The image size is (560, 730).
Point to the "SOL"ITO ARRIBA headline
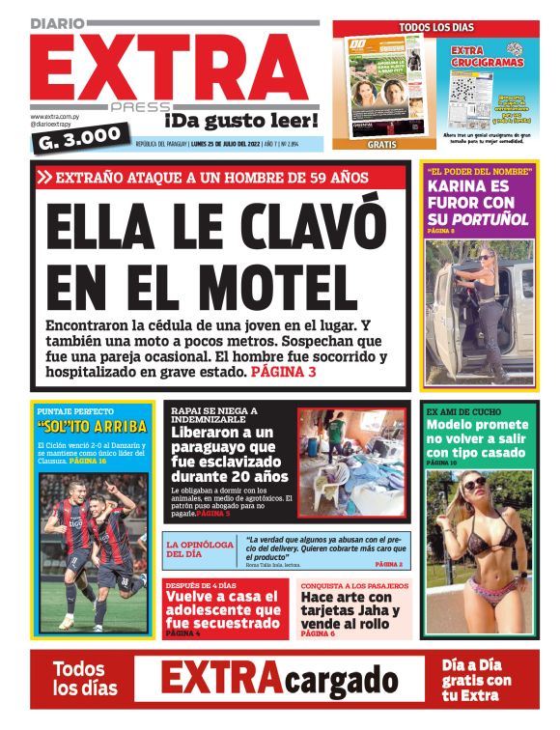pyautogui.click(x=93, y=426)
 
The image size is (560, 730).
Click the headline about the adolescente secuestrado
pyautogui.click(x=223, y=609)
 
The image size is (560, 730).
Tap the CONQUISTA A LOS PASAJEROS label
pyautogui.click(x=354, y=585)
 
